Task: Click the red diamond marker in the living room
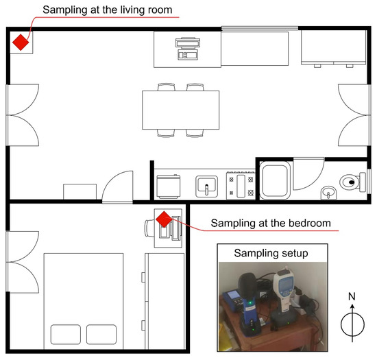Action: (x=21, y=43)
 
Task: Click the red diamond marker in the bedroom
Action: (x=164, y=219)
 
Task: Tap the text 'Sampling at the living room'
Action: (x=107, y=10)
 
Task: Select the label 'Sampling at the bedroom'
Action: (x=271, y=223)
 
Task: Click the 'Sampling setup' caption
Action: (x=271, y=253)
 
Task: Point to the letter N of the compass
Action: (x=352, y=296)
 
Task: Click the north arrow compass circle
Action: (x=352, y=324)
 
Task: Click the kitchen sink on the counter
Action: (x=207, y=187)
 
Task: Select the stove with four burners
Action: (x=241, y=185)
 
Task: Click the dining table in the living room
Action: (x=180, y=110)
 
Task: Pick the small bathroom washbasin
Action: (x=328, y=193)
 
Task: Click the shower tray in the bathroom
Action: (x=275, y=180)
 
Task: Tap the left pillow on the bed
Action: (x=66, y=334)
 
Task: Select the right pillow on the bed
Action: (x=101, y=334)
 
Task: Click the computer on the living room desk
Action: (x=188, y=49)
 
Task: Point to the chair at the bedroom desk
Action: (x=149, y=228)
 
